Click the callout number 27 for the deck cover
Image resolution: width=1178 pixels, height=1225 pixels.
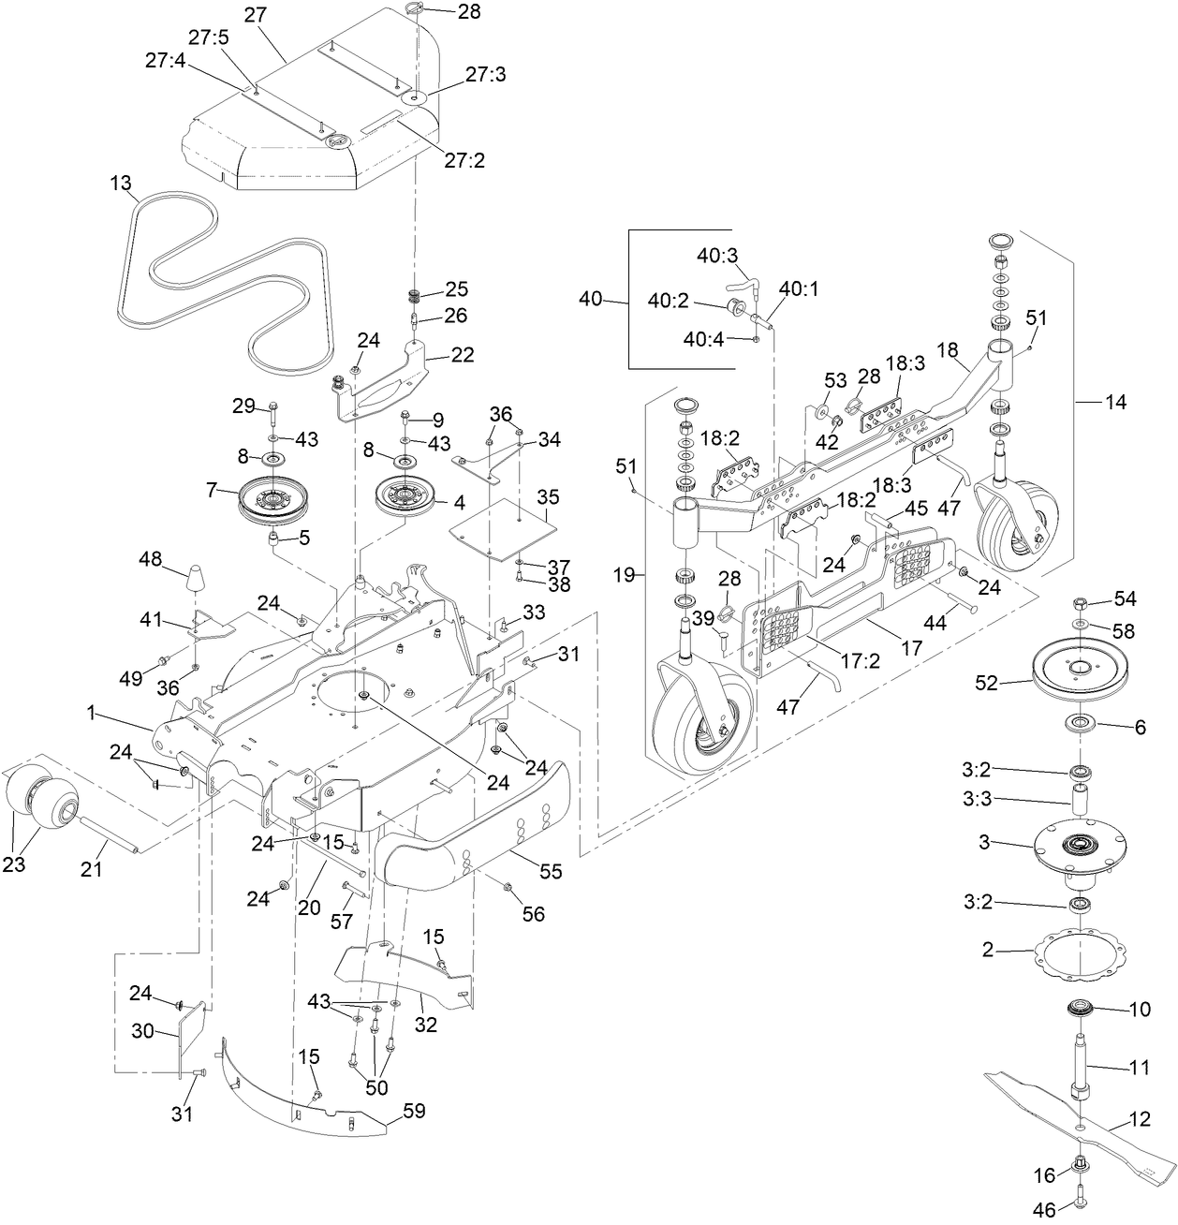point(255,15)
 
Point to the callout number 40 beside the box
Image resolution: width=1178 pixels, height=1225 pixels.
point(591,300)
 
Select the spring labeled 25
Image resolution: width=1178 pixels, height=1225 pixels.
point(413,297)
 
